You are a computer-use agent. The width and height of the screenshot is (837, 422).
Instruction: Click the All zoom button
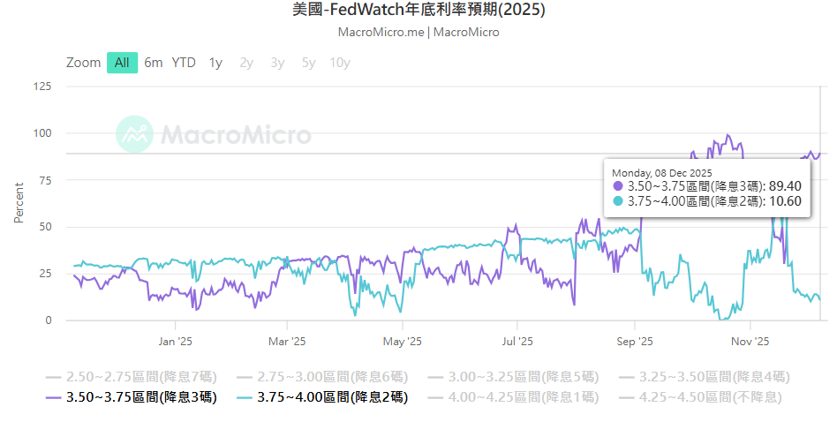tap(122, 63)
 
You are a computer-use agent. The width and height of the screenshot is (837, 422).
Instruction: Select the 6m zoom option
tap(154, 63)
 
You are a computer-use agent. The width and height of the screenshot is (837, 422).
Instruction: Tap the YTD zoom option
tap(184, 63)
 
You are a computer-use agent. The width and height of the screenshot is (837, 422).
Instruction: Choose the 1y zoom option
tap(215, 63)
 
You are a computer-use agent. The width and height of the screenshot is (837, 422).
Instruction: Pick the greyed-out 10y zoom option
tap(339, 63)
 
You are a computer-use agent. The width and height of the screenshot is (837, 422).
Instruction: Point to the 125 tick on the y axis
tap(41, 87)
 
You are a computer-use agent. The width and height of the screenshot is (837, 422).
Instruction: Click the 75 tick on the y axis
tap(45, 180)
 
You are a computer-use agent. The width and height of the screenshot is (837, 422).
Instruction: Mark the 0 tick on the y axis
tap(49, 320)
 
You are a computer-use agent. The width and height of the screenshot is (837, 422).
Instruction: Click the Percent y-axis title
tap(19, 203)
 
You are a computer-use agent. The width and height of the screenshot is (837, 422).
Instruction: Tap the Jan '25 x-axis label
tap(175, 341)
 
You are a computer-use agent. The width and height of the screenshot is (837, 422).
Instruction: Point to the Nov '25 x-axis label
tap(751, 341)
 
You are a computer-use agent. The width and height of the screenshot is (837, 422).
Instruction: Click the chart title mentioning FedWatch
tap(418, 11)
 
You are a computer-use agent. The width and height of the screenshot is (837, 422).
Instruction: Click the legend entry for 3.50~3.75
tap(132, 397)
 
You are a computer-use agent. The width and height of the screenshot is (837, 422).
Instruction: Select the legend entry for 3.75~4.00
tap(324, 397)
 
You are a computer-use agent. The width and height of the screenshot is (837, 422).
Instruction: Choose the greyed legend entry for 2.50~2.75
tap(132, 376)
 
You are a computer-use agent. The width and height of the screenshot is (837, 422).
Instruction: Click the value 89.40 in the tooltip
tap(785, 186)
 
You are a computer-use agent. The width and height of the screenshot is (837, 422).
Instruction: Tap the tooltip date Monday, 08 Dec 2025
tap(662, 172)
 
